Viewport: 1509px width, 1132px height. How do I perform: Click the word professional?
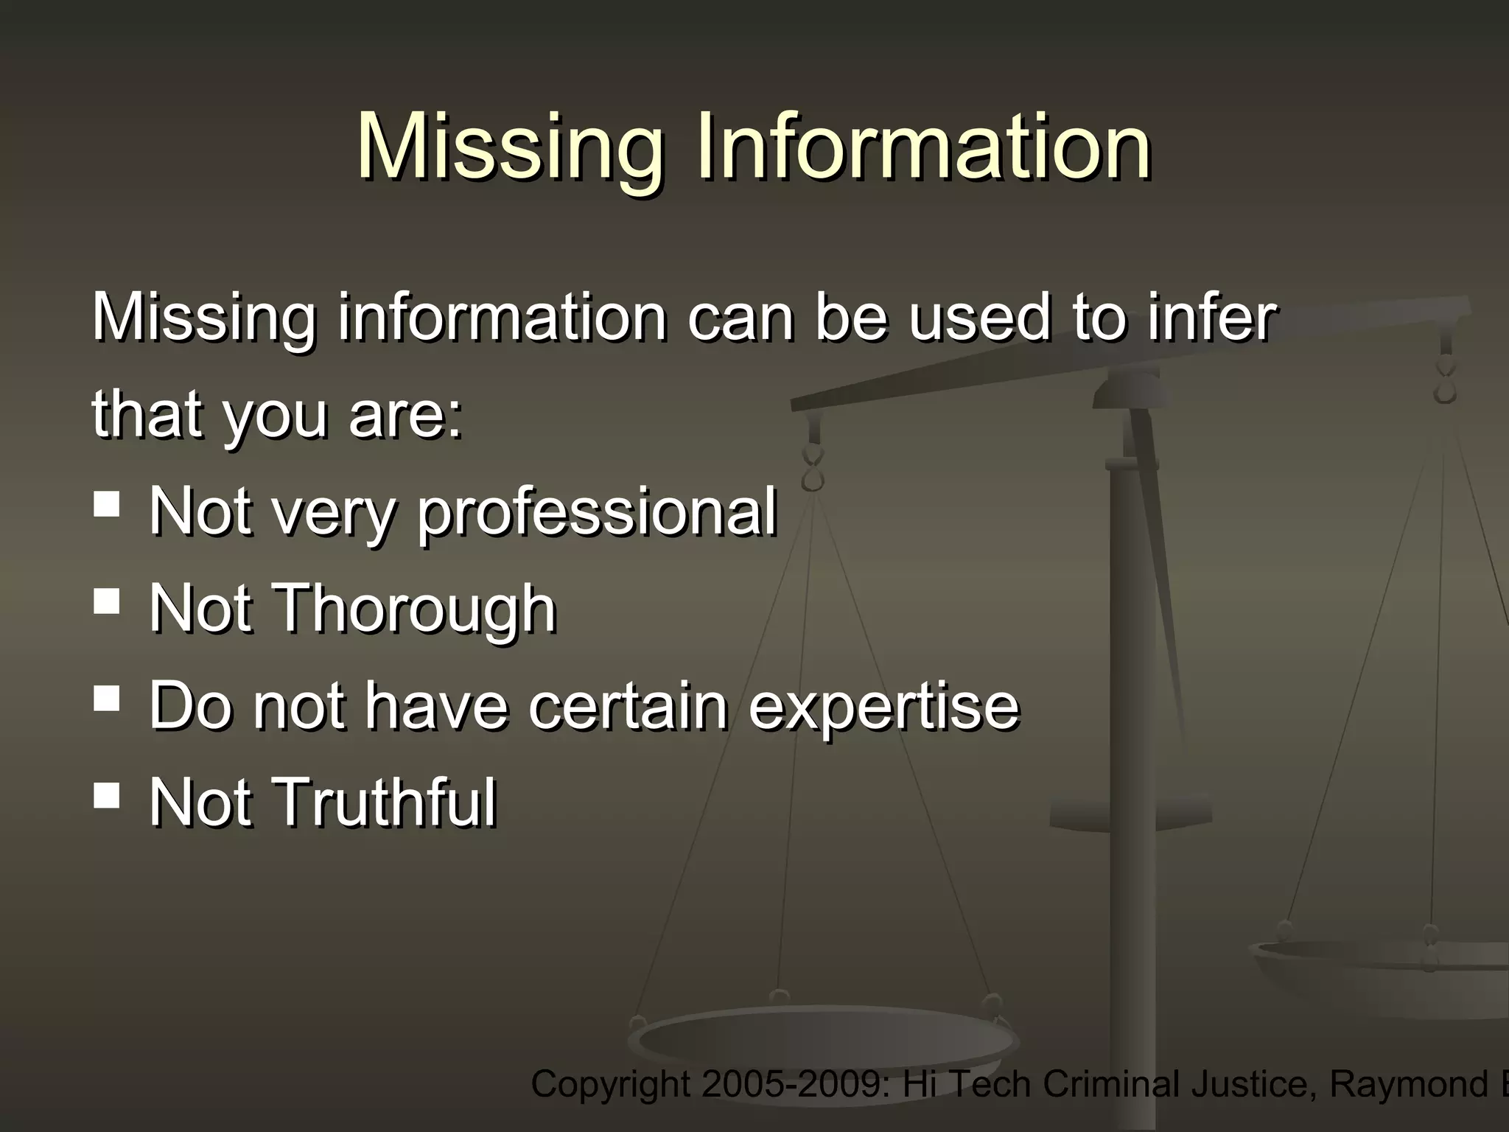coord(597,513)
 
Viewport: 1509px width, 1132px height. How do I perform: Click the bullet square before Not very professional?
coord(107,506)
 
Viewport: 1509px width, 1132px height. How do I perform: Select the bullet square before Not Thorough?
coord(107,601)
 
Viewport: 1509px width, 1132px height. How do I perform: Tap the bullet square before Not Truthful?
coord(107,795)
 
